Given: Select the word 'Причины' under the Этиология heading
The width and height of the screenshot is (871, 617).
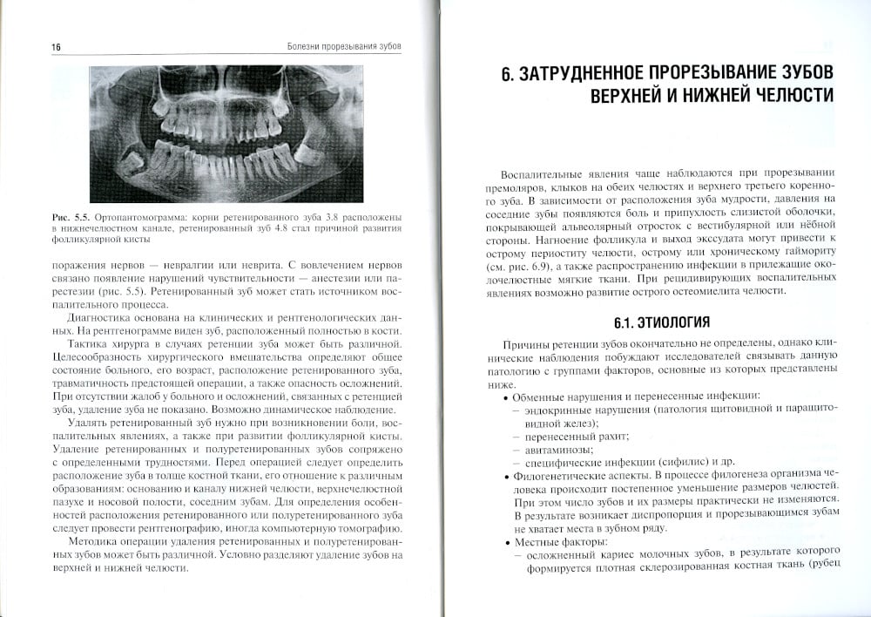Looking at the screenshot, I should pos(523,346).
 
